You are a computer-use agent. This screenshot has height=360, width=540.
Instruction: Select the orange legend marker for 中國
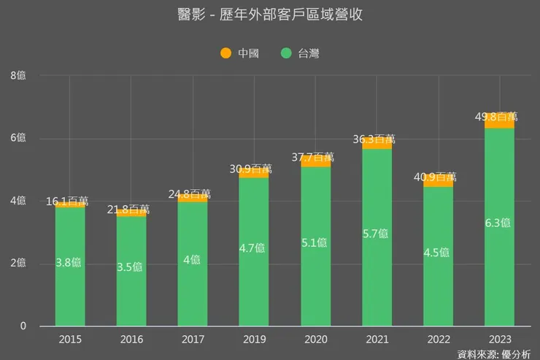[x=225, y=53]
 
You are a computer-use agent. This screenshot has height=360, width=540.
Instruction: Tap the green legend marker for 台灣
[x=286, y=53]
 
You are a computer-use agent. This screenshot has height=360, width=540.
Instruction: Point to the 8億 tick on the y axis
[x=18, y=76]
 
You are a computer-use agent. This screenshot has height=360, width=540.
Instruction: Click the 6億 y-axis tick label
[x=18, y=139]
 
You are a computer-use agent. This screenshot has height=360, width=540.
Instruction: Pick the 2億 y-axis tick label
[x=18, y=264]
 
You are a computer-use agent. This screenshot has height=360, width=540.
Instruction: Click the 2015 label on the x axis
[x=70, y=340]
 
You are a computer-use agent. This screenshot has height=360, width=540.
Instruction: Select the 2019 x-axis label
[x=254, y=340]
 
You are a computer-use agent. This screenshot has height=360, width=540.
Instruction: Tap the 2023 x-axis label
[x=500, y=340]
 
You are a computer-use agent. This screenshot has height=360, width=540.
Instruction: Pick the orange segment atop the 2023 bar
[x=500, y=122]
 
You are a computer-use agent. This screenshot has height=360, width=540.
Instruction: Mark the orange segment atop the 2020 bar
[x=316, y=162]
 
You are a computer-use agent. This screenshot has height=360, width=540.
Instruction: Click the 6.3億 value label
[x=500, y=222]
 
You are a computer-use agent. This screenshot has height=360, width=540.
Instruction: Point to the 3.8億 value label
[x=70, y=263]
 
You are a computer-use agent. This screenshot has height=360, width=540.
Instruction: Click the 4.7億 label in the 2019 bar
[x=254, y=248]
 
